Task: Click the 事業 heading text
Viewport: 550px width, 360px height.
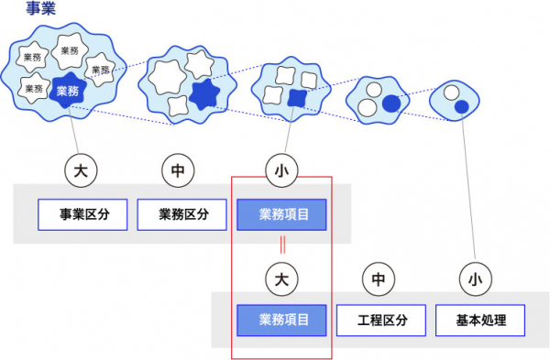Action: coord(41,7)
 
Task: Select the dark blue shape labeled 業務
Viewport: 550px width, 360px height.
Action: coord(67,91)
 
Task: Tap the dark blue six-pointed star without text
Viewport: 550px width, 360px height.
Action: coord(204,94)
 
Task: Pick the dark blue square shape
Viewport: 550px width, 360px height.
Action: coord(297,98)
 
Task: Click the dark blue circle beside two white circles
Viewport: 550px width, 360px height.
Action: coord(391,104)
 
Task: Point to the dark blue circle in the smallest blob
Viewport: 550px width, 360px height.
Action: coord(462,107)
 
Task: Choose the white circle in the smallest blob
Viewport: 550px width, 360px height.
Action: coord(451,93)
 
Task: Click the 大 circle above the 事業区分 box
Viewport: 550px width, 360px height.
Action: coord(81,170)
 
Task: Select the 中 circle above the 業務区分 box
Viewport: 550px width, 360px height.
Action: coord(178,170)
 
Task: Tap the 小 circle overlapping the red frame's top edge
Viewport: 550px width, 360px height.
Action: coord(281,170)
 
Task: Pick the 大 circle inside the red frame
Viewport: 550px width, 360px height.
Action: coord(281,279)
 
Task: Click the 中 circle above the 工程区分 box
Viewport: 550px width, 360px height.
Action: coord(379,279)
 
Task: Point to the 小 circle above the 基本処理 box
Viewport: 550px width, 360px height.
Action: coord(476,279)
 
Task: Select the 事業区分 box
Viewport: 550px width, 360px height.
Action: coord(82,214)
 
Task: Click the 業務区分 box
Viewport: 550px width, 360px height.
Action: coord(182,214)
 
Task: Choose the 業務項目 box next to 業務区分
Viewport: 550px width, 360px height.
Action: coord(281,214)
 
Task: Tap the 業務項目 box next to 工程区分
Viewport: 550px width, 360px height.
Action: coord(281,320)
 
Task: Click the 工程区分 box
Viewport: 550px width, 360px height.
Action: coord(381,320)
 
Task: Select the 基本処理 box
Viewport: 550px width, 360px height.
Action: coord(480,320)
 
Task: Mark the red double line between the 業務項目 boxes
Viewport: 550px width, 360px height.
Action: coord(282,245)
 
